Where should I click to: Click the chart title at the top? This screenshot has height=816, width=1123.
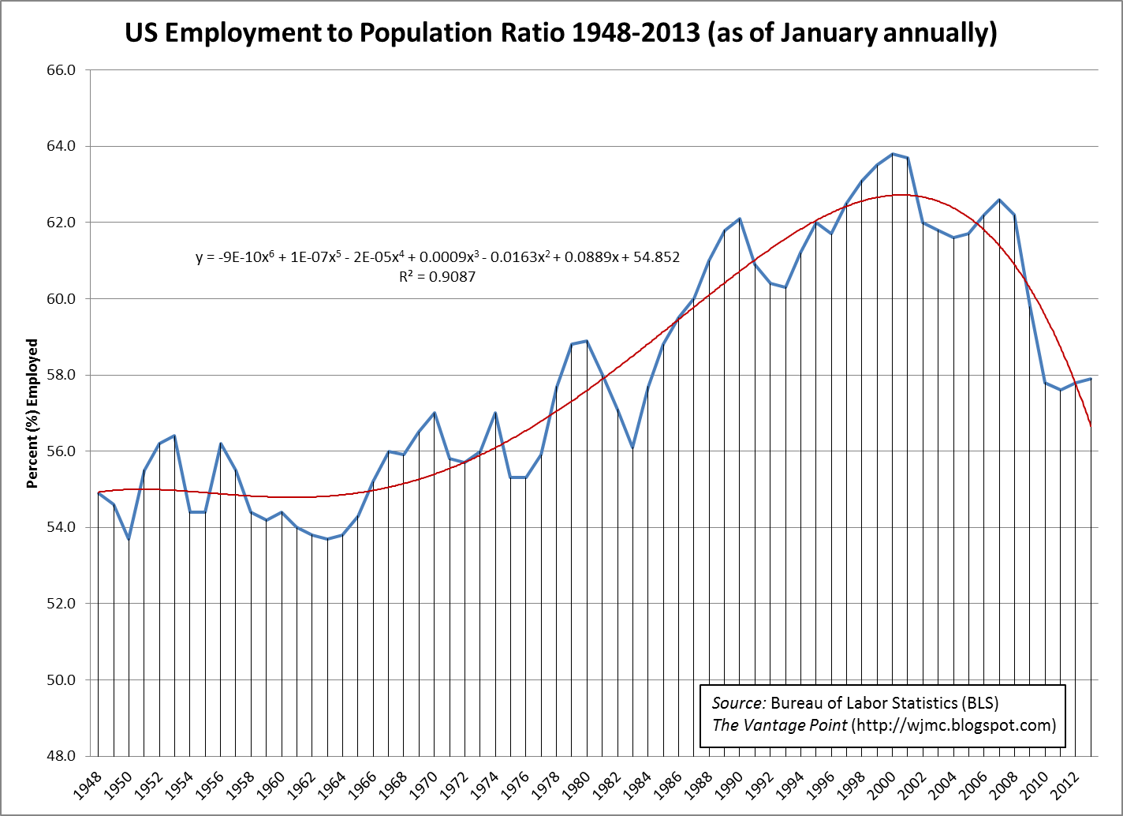[x=561, y=33]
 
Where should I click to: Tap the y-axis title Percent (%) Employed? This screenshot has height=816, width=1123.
[x=32, y=414]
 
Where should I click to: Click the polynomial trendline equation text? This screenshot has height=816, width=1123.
[x=437, y=257]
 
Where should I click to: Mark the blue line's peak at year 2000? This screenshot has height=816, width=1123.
[x=893, y=154]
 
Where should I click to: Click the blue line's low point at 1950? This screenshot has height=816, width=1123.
[x=129, y=539]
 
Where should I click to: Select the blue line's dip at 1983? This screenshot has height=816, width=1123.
[x=632, y=447]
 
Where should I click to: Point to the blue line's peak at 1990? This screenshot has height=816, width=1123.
[x=740, y=219]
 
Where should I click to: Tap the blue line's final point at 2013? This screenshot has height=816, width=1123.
[x=1091, y=379]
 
